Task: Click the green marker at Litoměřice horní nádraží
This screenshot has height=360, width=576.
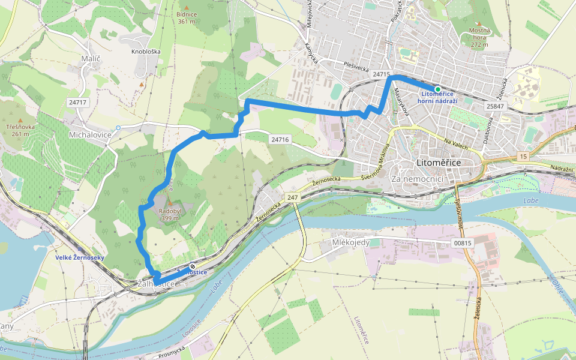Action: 437,89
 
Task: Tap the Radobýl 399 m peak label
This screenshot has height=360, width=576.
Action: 170,214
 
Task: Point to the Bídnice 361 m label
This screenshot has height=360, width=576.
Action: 187,17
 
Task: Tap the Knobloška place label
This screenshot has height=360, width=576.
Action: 146,52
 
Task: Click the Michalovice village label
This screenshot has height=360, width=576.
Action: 91,134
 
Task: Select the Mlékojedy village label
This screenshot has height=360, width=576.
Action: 351,243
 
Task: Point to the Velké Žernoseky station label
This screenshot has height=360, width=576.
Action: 80,257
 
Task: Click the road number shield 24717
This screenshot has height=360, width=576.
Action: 78,103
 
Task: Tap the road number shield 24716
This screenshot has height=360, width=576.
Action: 280,139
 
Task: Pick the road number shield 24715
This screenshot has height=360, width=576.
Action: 381,74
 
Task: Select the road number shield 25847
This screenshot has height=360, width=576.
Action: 496,106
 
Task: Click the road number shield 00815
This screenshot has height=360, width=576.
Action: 463,243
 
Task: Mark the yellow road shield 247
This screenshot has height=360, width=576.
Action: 292,197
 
